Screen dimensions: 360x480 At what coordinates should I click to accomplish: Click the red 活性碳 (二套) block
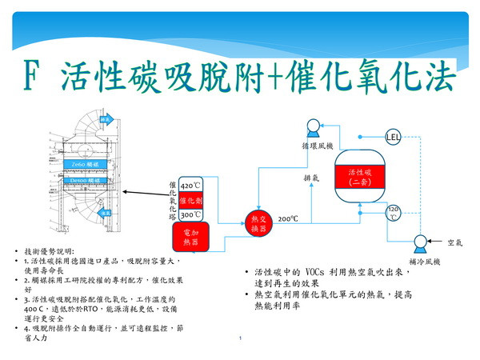pos(358,178)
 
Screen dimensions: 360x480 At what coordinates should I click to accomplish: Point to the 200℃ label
pos(288,218)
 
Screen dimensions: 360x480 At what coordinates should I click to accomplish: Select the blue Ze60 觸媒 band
pos(84,165)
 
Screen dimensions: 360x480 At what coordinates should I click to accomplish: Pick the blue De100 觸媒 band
pos(84,182)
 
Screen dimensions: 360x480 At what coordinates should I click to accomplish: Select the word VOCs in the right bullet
pos(333,273)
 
